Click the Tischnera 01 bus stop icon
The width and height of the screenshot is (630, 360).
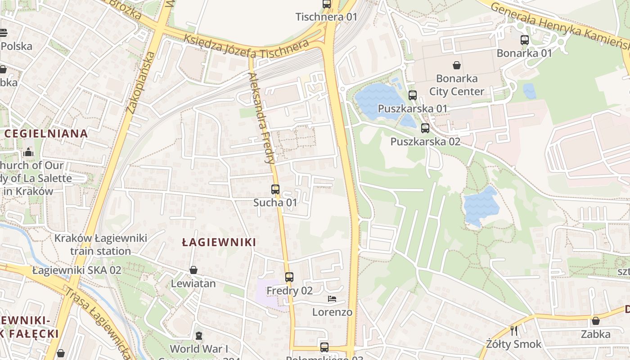(x=327, y=4)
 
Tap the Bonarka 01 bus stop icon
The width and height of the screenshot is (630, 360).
(x=524, y=40)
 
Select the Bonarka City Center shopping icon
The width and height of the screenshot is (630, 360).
(x=457, y=65)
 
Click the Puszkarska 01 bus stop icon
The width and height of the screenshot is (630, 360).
(x=413, y=95)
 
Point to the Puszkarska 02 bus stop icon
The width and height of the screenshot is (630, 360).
(x=425, y=128)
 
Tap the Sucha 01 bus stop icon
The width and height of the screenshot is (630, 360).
(x=275, y=189)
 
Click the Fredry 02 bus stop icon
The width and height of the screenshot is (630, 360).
(x=289, y=277)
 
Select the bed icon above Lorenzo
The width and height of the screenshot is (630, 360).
(x=332, y=299)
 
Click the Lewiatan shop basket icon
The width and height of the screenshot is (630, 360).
(x=193, y=270)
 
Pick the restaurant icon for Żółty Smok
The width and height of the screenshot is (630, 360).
(x=514, y=331)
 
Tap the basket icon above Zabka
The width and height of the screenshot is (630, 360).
(x=595, y=321)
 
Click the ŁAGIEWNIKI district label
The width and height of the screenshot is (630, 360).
(x=219, y=243)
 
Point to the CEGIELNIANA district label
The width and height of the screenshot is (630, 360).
(x=46, y=134)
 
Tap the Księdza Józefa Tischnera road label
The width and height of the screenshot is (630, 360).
(x=246, y=48)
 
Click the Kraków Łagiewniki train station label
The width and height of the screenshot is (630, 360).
(x=101, y=244)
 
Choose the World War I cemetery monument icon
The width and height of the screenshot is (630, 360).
(x=198, y=336)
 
